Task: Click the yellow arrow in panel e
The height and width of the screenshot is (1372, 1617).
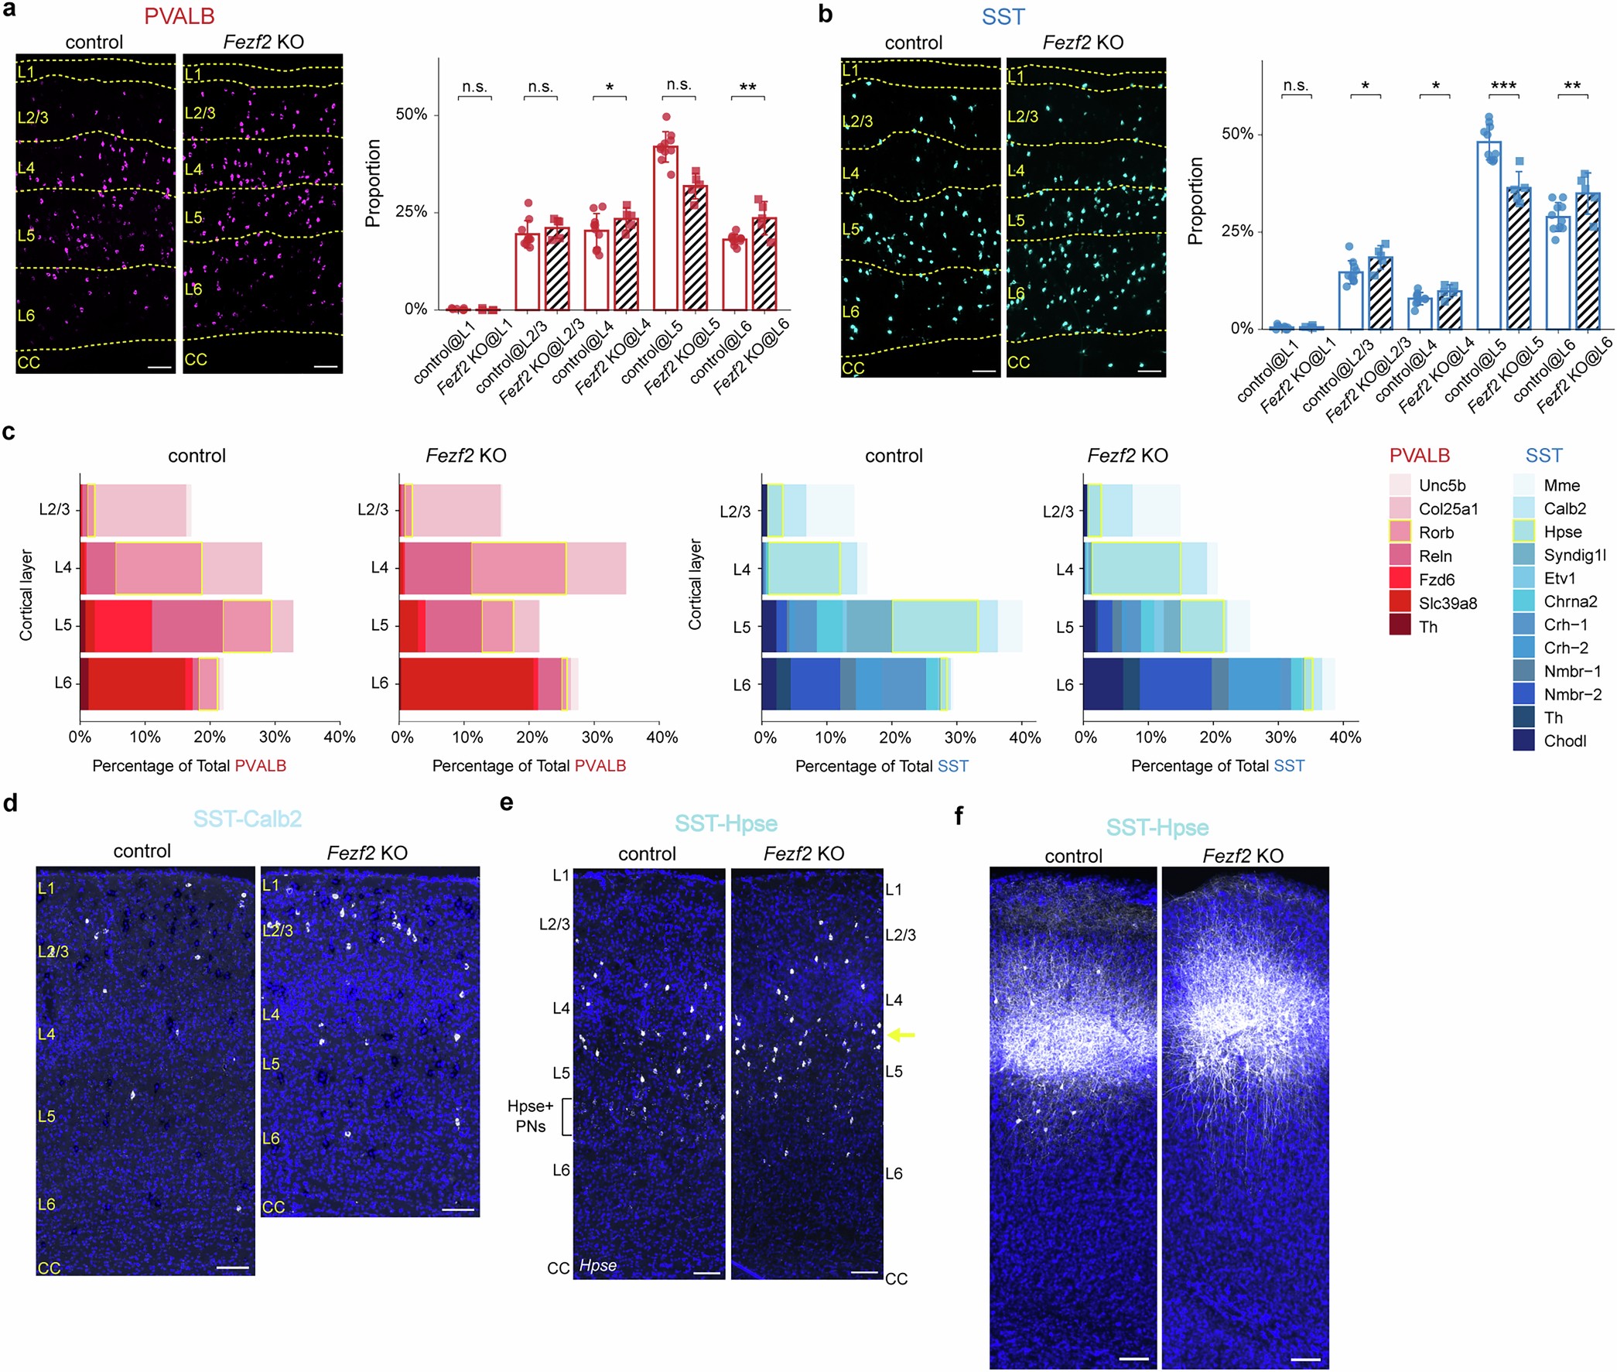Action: click(x=901, y=1035)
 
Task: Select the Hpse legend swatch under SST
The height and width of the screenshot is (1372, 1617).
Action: click(x=1523, y=531)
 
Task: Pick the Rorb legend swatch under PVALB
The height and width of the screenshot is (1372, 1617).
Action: click(x=1400, y=532)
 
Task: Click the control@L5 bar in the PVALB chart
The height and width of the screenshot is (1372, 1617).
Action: click(x=665, y=228)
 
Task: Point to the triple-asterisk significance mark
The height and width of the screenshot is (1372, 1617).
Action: click(x=1502, y=86)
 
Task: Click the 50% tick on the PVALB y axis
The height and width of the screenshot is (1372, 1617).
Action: click(x=412, y=115)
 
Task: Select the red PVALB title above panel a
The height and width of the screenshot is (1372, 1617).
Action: click(x=179, y=15)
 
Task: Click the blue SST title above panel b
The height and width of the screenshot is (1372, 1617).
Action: click(x=1003, y=16)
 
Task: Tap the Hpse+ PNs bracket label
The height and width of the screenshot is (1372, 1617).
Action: click(x=531, y=1115)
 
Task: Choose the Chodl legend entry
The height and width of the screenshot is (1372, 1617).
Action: click(x=1564, y=741)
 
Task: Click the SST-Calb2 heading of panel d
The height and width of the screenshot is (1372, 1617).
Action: click(x=248, y=818)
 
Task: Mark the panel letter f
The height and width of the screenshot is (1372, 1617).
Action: click(x=959, y=816)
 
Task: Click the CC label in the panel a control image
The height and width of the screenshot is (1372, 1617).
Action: click(x=29, y=362)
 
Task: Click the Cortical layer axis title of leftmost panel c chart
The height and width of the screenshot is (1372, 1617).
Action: click(x=26, y=595)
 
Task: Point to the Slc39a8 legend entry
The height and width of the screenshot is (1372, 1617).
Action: click(x=1447, y=603)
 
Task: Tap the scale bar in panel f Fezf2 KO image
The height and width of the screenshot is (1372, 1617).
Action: click(x=1305, y=1359)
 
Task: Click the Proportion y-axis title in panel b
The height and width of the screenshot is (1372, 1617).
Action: click(x=1195, y=200)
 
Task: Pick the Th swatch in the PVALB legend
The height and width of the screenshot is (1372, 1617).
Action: click(x=1400, y=626)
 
